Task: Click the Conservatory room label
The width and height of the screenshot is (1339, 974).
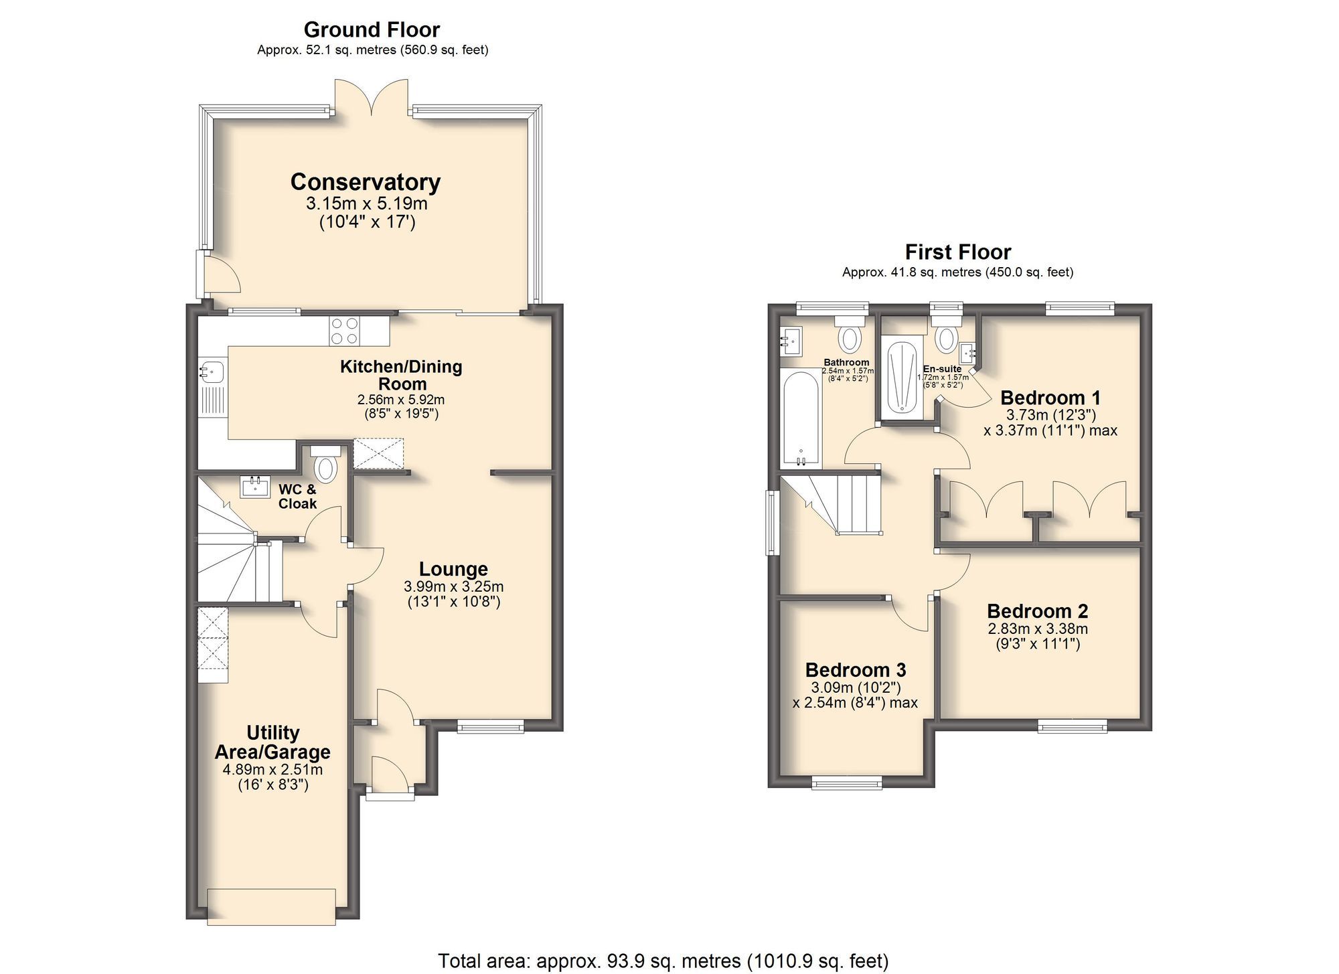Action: click(x=365, y=182)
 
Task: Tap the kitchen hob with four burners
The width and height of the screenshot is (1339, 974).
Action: click(x=344, y=331)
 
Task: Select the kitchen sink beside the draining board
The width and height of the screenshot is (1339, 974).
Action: click(x=213, y=370)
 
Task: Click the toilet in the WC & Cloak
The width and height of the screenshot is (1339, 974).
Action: click(x=327, y=467)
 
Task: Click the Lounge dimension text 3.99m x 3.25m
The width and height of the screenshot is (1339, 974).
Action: click(x=453, y=586)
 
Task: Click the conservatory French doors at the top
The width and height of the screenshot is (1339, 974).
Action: click(x=372, y=97)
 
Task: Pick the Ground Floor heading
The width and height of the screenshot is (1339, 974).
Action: click(x=372, y=29)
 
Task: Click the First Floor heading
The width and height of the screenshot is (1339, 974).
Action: click(x=957, y=252)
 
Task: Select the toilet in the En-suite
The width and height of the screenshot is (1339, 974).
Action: click(x=946, y=336)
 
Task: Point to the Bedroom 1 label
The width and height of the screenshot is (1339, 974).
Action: click(x=1050, y=397)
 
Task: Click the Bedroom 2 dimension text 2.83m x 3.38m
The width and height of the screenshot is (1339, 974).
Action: click(x=1038, y=629)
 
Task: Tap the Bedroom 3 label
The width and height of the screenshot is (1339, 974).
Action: click(x=855, y=669)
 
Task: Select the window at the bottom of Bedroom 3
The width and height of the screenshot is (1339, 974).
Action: click(x=847, y=782)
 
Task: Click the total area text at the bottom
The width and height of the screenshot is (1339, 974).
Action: click(x=663, y=961)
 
